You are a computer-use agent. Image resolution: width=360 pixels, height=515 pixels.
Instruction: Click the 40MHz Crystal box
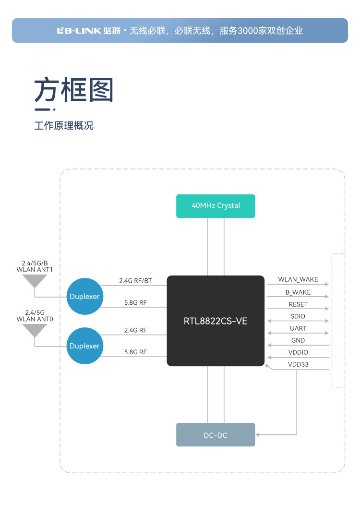point(216,206)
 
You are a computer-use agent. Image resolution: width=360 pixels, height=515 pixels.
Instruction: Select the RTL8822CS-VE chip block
point(216,321)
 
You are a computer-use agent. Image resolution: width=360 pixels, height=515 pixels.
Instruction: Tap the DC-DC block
point(216,435)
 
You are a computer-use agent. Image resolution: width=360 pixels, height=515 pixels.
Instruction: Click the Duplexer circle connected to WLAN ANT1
point(84,297)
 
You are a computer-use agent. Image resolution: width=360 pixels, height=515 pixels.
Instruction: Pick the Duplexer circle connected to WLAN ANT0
point(84,346)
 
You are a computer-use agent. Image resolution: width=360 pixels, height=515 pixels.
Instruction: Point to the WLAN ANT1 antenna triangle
point(35,281)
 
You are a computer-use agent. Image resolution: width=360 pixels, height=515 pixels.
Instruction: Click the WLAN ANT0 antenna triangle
point(35,330)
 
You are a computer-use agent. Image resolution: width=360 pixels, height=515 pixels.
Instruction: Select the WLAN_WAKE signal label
point(298,280)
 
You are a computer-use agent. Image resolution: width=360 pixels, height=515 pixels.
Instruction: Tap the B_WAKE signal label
point(298,292)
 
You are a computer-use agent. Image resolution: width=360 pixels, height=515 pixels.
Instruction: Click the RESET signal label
point(298,304)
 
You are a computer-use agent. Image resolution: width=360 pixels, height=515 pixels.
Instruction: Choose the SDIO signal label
point(298,316)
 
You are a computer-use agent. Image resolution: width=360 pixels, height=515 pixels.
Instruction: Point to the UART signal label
point(298,328)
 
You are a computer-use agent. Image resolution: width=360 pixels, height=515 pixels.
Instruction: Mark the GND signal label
point(298,340)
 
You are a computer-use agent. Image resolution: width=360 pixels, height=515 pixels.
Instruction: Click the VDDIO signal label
point(298,352)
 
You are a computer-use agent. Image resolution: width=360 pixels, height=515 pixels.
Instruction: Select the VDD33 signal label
point(298,364)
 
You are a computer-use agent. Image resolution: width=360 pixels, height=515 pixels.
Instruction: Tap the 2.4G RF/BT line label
point(135,281)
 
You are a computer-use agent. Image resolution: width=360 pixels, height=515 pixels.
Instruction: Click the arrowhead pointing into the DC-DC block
point(258,435)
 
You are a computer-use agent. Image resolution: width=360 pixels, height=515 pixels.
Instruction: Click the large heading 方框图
point(73,90)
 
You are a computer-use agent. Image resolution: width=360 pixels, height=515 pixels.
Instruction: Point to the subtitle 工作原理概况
point(64,126)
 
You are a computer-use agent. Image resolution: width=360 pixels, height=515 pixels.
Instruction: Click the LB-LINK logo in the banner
point(79,31)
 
